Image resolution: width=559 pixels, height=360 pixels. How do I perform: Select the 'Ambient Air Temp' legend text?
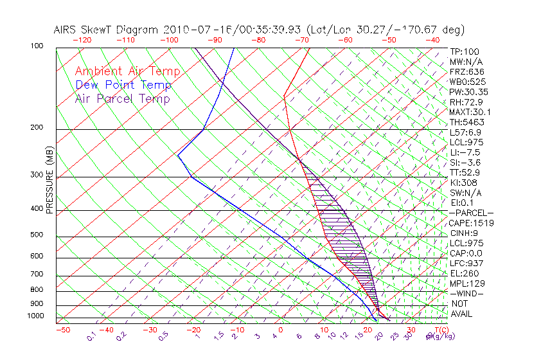[x=127, y=71]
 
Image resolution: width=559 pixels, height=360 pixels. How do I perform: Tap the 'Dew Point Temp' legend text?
[x=123, y=85]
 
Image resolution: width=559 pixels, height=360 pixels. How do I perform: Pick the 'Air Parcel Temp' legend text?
[x=122, y=98]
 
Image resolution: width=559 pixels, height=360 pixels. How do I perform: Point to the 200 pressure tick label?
[x=37, y=128]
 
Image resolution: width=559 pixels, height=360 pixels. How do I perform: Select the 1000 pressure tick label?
[x=36, y=316]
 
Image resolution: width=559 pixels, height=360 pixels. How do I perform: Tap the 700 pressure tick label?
[x=37, y=275]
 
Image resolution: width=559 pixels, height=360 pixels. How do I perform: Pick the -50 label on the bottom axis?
[x=62, y=330]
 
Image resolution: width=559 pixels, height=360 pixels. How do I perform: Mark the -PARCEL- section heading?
[x=470, y=213]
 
